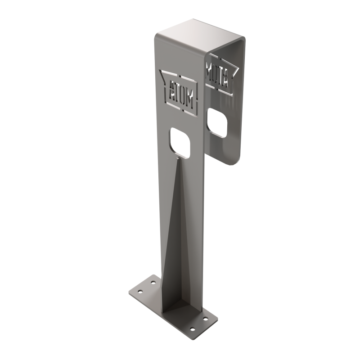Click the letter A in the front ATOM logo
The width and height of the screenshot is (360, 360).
click(171, 94)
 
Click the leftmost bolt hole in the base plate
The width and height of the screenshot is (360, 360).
click(140, 292)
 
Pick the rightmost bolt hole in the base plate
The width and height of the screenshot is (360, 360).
click(206, 319)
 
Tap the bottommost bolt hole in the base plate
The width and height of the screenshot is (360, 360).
click(193, 329)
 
